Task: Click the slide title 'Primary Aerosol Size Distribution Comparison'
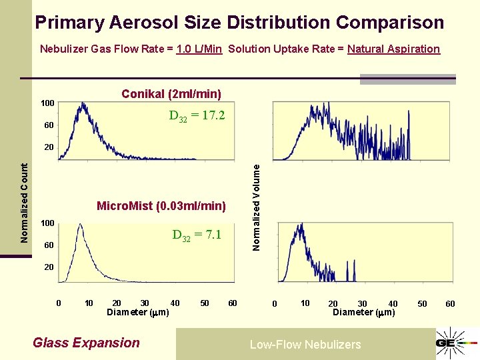[x=239, y=23]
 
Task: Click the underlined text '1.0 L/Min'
[x=199, y=49]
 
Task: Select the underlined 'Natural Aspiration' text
[x=393, y=49]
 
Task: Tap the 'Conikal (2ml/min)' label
[x=171, y=94]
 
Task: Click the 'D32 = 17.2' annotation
[x=197, y=116]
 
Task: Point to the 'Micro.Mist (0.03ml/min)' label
[x=161, y=206]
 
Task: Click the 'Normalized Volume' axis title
[x=257, y=208]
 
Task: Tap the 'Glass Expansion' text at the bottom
[x=86, y=343]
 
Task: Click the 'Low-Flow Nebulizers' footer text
[x=305, y=345]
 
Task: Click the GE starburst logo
[x=457, y=342]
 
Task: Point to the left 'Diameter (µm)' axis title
[x=138, y=312]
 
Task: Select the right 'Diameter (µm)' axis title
[x=363, y=312]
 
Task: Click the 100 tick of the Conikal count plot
[x=47, y=103]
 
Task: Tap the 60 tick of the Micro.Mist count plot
[x=49, y=245]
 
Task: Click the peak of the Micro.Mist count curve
[x=80, y=225]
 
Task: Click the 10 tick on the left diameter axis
[x=89, y=303]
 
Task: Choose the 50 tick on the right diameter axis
[x=422, y=304]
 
